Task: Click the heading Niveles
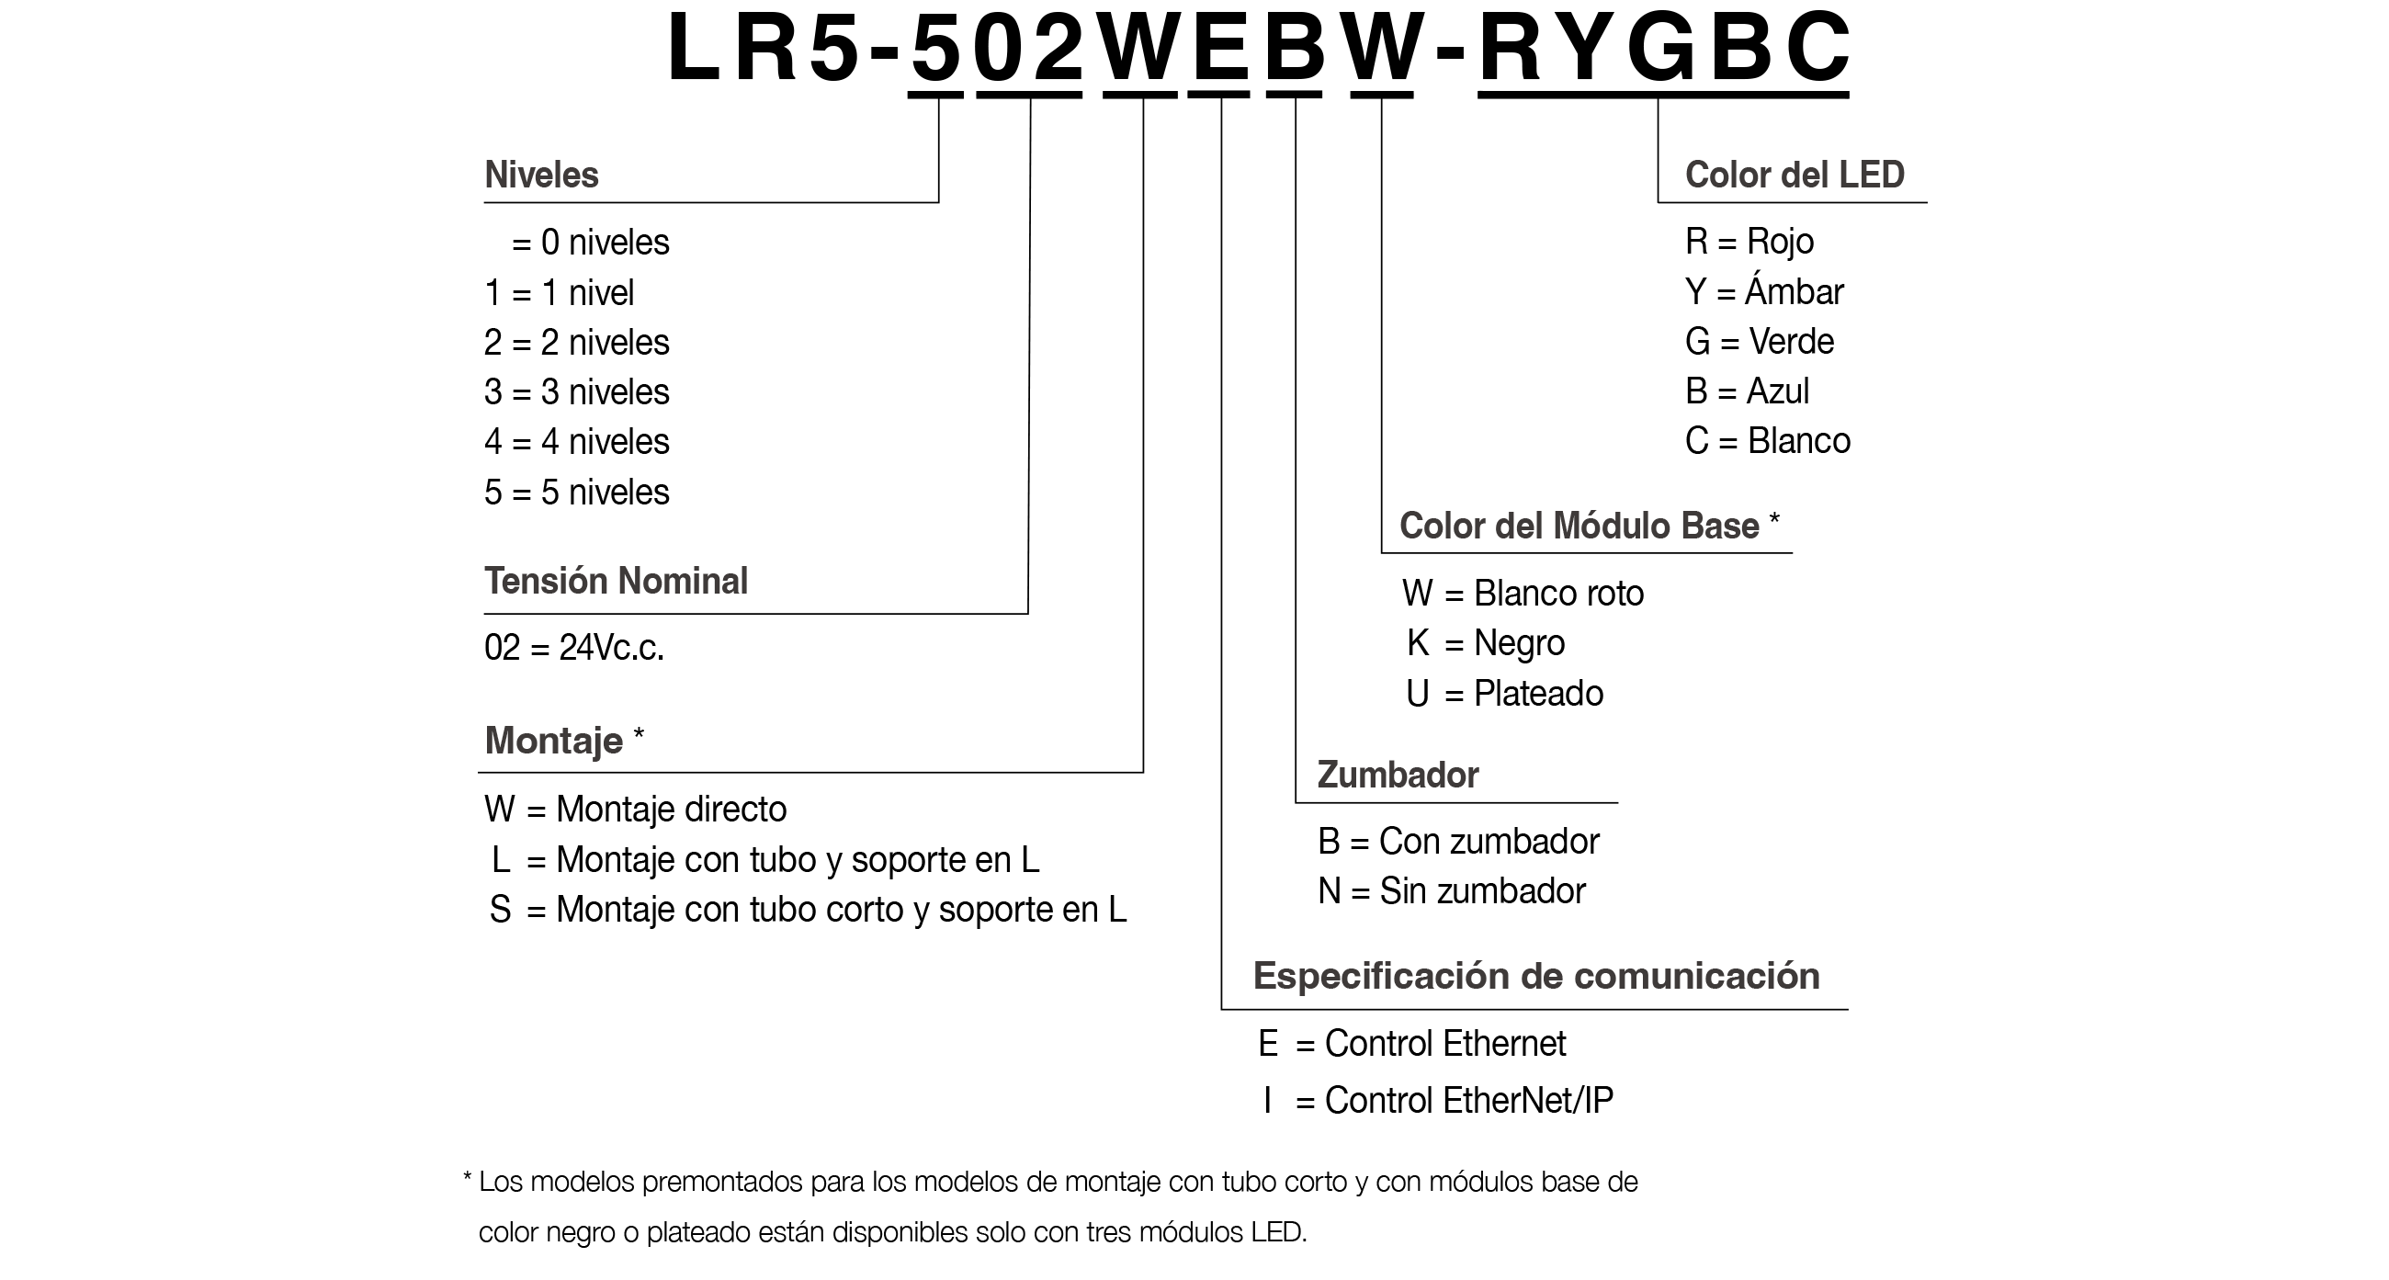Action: pyautogui.click(x=541, y=176)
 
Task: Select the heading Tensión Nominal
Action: pyautogui.click(x=616, y=582)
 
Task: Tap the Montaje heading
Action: pyautogui.click(x=555, y=742)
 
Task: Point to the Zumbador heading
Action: pyautogui.click(x=1398, y=776)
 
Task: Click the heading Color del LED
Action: pyautogui.click(x=1795, y=176)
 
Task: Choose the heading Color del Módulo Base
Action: pyautogui.click(x=1579, y=526)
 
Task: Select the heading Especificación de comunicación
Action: pyautogui.click(x=1535, y=976)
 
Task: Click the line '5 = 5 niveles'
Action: pyautogui.click(x=576, y=493)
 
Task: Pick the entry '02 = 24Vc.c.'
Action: pyautogui.click(x=574, y=648)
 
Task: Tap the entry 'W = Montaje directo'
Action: pyautogui.click(x=635, y=810)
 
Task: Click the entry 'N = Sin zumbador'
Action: pyautogui.click(x=1452, y=891)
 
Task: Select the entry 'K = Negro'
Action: pyautogui.click(x=1486, y=643)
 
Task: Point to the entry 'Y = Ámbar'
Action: pyautogui.click(x=1764, y=292)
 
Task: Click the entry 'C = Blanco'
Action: pyautogui.click(x=1768, y=441)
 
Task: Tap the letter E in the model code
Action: pyautogui.click(x=1221, y=48)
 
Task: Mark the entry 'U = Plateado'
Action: pyautogui.click(x=1504, y=694)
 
